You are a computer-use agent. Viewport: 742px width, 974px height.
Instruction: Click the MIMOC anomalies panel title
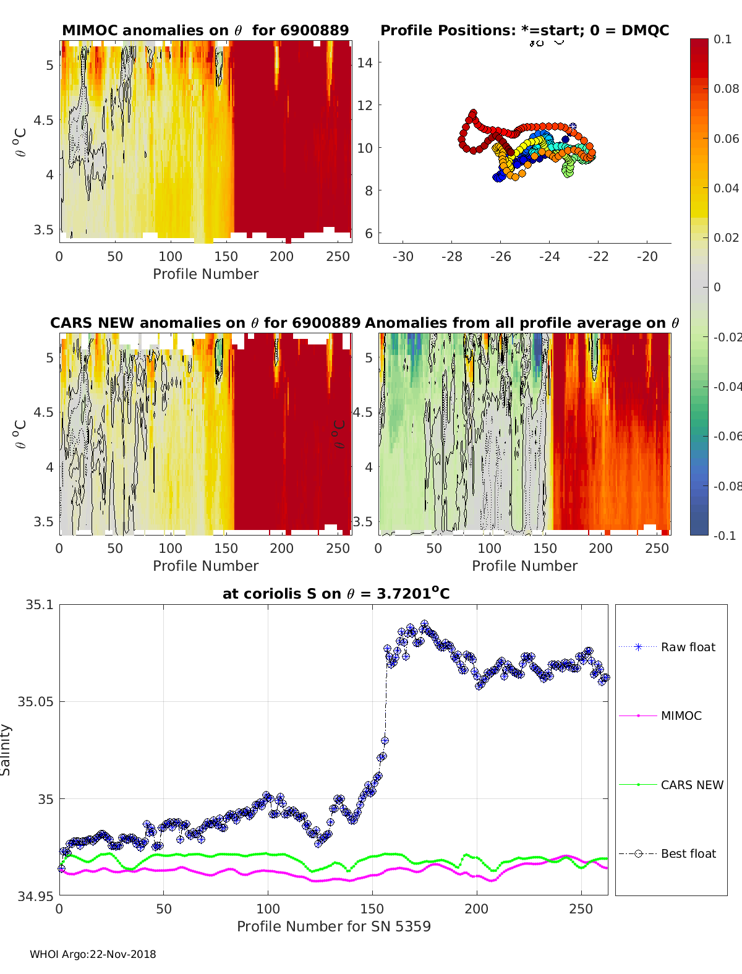pyautogui.click(x=205, y=30)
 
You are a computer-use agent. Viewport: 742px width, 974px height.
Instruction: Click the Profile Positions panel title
pyautogui.click(x=524, y=30)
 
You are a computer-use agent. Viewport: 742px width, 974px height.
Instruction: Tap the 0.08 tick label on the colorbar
pyautogui.click(x=727, y=88)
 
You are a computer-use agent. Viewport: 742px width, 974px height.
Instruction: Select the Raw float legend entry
pyautogui.click(x=688, y=647)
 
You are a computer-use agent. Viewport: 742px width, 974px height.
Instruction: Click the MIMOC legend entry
pyautogui.click(x=681, y=716)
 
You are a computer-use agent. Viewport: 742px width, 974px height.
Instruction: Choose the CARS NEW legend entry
pyautogui.click(x=691, y=785)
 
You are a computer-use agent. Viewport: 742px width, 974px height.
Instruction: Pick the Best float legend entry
pyautogui.click(x=688, y=853)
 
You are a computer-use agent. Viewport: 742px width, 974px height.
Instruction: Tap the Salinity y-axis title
pyautogui.click(x=6, y=750)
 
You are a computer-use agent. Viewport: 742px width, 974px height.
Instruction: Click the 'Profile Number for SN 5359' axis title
pyautogui.click(x=333, y=926)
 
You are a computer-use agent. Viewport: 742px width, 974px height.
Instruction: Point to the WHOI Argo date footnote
pyautogui.click(x=93, y=954)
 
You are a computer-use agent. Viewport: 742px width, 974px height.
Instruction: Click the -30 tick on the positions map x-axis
pyautogui.click(x=403, y=256)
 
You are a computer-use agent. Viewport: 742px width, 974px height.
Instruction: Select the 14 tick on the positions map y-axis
pyautogui.click(x=365, y=62)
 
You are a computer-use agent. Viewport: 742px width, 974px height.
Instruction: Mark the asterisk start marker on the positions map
pyautogui.click(x=573, y=126)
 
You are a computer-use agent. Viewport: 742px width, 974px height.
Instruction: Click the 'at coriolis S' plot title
pyautogui.click(x=336, y=594)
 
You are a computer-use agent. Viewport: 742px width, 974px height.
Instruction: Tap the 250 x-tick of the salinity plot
pyautogui.click(x=581, y=908)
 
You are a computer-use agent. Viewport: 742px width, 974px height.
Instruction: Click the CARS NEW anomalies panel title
pyautogui.click(x=205, y=323)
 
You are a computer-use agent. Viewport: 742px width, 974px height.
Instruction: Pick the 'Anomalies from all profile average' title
pyautogui.click(x=522, y=323)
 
